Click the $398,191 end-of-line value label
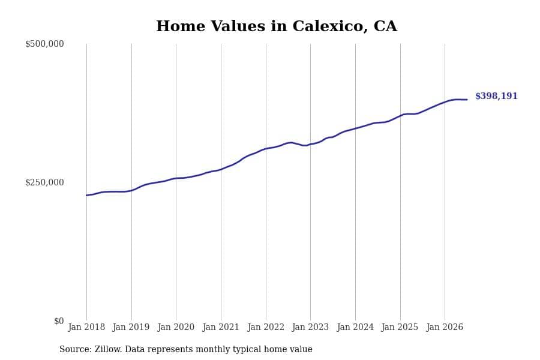pos(496,96)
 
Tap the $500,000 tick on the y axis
pos(44,44)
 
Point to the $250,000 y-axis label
pos(44,182)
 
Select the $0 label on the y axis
pos(59,321)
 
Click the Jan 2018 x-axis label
pos(86,327)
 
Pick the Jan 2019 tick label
pos(131,327)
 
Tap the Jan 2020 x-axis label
pos(176,327)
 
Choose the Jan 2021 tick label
pos(221,327)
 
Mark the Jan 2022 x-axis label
pos(266,327)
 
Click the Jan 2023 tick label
pos(310,327)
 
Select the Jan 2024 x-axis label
pos(355,327)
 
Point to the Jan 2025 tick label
pos(400,327)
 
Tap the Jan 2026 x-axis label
pos(445,327)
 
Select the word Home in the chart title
pos(181,26)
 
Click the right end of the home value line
pos(467,100)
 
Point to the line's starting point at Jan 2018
pos(86,196)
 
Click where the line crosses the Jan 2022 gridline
pos(266,149)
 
